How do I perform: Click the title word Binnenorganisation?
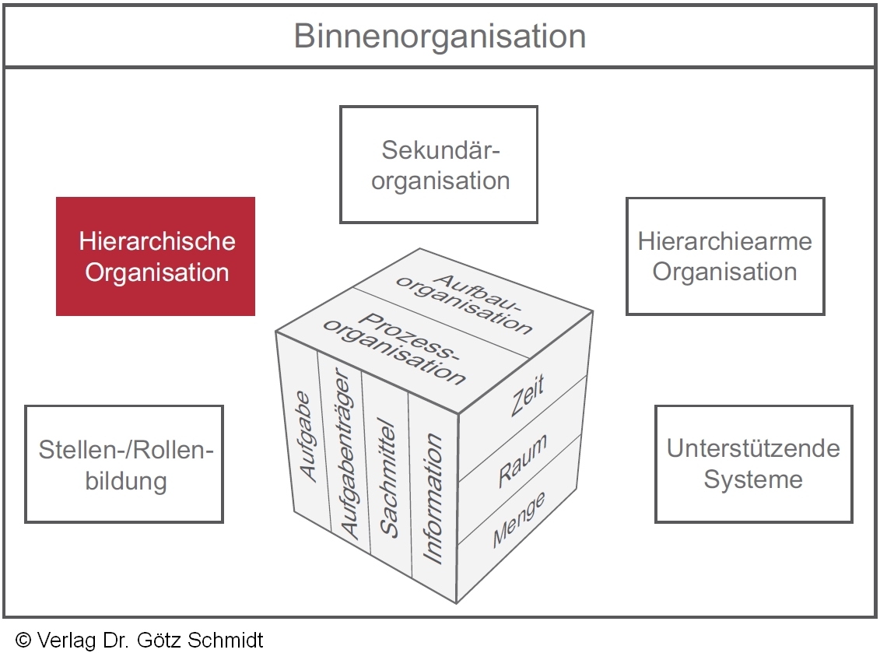coord(440,37)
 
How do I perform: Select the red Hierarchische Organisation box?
coord(156,256)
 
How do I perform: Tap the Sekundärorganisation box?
coord(439,164)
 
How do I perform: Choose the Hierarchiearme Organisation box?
coord(725,256)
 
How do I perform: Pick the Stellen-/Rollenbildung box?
coord(124,464)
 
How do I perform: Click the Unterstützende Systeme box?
coord(753,463)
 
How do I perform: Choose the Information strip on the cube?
coord(433,498)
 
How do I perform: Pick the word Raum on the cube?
coord(522,462)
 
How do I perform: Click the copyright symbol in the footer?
coord(23,641)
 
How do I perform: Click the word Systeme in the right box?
coord(753,479)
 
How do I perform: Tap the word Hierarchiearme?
coord(725,241)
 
